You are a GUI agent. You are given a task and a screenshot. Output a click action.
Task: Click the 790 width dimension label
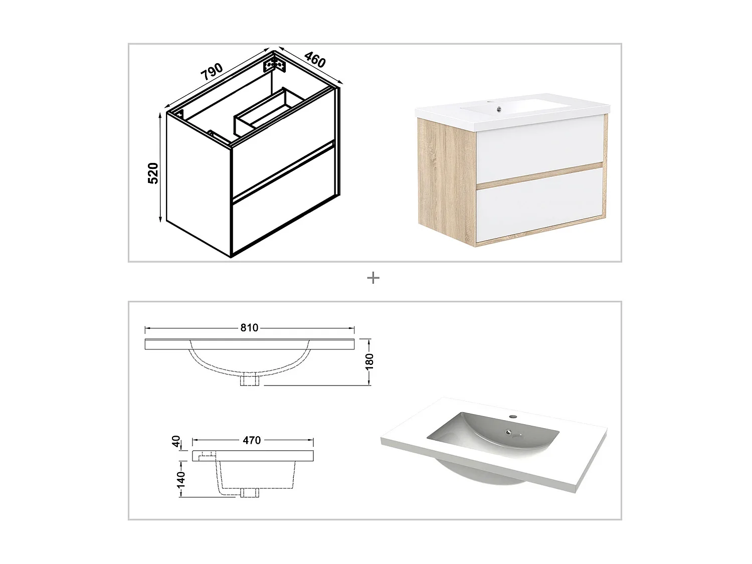coord(212,72)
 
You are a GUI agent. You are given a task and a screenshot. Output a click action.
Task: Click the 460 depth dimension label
coord(315,60)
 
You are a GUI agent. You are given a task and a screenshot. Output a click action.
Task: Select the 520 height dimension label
coord(153,173)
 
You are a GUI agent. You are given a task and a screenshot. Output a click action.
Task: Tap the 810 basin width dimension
coord(249,328)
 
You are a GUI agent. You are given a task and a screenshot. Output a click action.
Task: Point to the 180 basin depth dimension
coord(369,361)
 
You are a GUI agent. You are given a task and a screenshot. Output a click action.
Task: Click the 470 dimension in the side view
coord(252,440)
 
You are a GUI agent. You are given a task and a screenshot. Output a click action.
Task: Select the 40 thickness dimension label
coord(176,441)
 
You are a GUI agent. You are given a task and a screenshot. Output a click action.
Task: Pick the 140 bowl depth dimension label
coord(181,479)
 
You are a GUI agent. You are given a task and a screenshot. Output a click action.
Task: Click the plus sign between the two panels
coord(373,278)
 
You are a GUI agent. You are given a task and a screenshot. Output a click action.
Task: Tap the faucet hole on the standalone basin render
coord(513,416)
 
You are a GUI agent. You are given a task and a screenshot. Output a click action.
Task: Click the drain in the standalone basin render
coord(509,432)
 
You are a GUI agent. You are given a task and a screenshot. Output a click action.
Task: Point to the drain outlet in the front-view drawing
coord(249,380)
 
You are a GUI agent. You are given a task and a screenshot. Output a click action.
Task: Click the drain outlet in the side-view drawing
coord(249,492)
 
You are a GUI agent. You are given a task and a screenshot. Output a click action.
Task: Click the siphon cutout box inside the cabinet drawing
coord(268,113)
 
